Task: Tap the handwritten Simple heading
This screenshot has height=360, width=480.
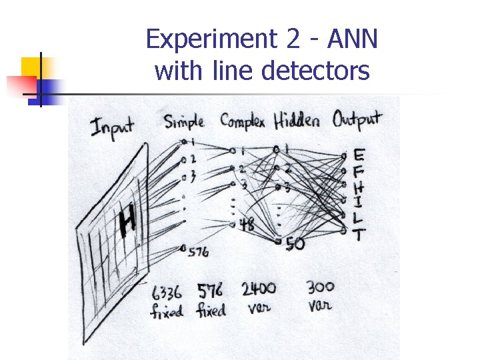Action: (184, 122)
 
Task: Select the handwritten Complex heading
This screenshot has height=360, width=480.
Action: (242, 121)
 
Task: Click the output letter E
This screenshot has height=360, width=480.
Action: (359, 155)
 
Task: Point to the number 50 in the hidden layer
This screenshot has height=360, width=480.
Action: (295, 245)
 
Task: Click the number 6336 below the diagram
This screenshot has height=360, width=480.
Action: (167, 292)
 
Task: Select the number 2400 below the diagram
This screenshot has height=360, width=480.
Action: (258, 289)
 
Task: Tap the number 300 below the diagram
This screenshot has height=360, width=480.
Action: (321, 287)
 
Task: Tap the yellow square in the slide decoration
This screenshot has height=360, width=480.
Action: (32, 68)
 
